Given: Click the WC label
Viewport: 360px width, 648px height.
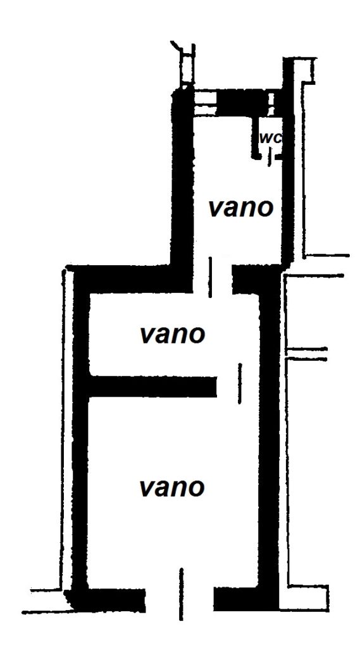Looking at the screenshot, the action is (x=270, y=139).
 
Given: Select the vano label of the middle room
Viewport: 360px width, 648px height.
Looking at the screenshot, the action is (x=172, y=334).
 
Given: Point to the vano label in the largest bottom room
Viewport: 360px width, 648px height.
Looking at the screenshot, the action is (x=172, y=488).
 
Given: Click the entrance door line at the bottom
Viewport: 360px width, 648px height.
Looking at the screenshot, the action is (x=181, y=594).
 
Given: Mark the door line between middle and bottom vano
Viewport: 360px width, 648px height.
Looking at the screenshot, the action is (x=240, y=383).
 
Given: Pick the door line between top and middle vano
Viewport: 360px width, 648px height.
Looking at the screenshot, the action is (x=211, y=277).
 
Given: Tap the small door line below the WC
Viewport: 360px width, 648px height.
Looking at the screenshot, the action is (x=270, y=158).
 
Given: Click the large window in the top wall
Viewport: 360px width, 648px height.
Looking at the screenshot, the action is (x=206, y=103).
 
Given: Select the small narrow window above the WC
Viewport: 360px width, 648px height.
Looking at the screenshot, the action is (x=271, y=103).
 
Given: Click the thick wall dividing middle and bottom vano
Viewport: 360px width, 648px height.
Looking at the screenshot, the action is (x=153, y=387).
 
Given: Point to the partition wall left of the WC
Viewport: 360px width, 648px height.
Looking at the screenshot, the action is (x=255, y=137).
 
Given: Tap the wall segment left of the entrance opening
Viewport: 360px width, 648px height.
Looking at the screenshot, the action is (x=109, y=600).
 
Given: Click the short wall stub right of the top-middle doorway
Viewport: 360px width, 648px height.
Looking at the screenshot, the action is (x=246, y=280).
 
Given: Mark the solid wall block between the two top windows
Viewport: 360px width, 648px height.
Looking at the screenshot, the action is (x=242, y=103).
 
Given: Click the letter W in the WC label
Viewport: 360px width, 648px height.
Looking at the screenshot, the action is (x=265, y=139).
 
